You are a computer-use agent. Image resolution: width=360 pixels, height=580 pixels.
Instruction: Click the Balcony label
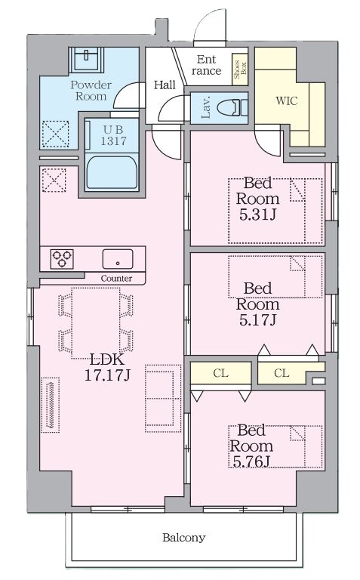(183, 537)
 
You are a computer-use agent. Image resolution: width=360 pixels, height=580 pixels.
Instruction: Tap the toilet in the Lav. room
(232, 108)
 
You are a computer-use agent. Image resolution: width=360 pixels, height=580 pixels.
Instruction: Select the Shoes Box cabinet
(239, 69)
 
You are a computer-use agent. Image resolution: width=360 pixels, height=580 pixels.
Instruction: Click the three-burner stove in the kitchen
(62, 258)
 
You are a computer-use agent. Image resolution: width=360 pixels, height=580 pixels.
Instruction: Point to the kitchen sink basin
(118, 259)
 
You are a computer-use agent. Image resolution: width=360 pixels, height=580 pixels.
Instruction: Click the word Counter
(116, 279)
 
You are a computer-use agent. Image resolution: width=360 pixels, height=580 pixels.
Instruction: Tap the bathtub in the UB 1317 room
(112, 172)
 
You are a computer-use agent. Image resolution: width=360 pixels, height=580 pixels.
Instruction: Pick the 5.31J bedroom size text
(257, 214)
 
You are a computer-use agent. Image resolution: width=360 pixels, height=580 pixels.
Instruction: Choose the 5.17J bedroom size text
(257, 320)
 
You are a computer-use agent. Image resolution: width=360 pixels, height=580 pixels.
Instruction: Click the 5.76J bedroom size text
(251, 461)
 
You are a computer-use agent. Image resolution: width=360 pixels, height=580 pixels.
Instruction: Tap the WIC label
(287, 100)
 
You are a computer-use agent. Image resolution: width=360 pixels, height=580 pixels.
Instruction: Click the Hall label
(165, 85)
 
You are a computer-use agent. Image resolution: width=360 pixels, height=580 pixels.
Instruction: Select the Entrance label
(206, 65)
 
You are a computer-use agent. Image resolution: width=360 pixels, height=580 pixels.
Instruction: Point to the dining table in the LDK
(96, 323)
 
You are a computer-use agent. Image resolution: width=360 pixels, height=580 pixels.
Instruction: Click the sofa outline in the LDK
(163, 399)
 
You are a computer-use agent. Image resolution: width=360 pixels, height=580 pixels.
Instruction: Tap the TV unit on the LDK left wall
(51, 405)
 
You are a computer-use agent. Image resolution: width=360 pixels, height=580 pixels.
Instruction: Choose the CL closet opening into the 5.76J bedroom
(220, 373)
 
